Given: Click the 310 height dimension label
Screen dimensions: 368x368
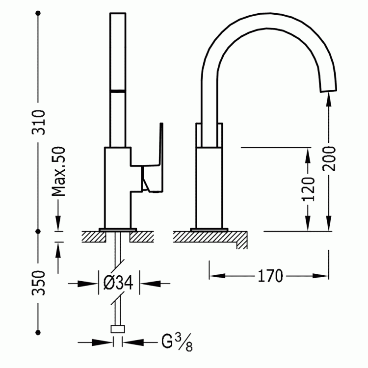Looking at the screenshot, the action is tap(38, 122).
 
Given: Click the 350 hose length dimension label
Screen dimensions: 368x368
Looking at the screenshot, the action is tap(38, 283).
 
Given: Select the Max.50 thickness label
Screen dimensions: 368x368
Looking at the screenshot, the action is tap(58, 171).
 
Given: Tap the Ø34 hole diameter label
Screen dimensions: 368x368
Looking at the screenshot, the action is tap(118, 283).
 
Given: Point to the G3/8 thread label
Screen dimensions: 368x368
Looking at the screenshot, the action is tap(177, 342).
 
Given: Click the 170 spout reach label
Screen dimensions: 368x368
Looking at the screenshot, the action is tap(270, 276).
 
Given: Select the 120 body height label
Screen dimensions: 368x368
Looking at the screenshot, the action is tap(308, 189).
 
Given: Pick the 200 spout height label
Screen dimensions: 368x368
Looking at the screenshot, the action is tap(329, 158).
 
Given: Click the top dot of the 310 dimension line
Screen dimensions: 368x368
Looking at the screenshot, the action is tap(38, 13).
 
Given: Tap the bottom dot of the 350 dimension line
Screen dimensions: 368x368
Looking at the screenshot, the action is tap(38, 332).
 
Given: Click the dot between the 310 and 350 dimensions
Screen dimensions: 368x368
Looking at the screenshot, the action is tap(38, 232).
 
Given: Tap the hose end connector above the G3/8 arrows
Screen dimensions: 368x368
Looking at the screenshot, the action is tap(118, 329).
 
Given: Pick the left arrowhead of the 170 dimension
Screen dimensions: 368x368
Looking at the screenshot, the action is tap(217, 276).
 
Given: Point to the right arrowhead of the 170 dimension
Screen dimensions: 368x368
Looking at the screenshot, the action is tap(320, 276).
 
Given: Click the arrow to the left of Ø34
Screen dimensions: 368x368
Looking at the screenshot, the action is tap(83, 284).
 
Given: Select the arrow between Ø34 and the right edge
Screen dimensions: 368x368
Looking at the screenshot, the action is tap(155, 284).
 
